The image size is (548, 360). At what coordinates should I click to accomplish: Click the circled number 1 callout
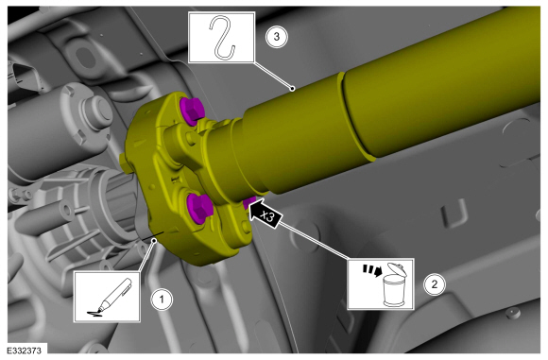pos(162,300)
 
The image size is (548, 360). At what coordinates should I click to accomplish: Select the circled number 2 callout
pos(435,283)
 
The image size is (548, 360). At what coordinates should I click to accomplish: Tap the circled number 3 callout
pos(277,36)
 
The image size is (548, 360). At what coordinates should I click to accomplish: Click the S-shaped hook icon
pos(221,37)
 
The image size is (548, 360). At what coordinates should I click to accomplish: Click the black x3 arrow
pos(266,214)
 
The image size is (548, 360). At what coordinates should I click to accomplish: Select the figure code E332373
pos(25,351)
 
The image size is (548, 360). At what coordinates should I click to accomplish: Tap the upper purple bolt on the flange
pos(191,111)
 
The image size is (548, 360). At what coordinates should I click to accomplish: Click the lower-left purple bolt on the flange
pos(197,207)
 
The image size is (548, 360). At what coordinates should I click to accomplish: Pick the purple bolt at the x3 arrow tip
pos(248,203)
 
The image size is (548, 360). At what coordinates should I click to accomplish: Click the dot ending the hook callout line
pos(293,89)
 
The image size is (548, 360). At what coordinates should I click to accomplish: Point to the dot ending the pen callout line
pos(154,240)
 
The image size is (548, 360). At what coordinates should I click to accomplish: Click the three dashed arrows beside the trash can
pos(371,270)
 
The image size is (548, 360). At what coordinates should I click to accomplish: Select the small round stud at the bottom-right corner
pos(513,313)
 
